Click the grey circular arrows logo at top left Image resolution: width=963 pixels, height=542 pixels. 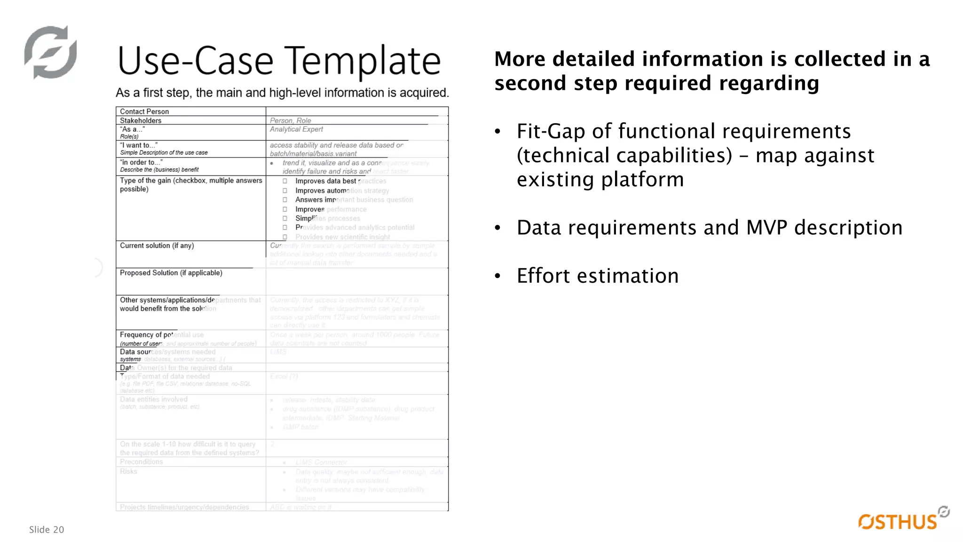pos(50,52)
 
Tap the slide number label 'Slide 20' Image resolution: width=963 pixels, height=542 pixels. pos(47,530)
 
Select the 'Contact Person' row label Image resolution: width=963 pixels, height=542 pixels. pos(144,112)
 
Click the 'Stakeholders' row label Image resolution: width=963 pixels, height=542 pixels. pos(141,120)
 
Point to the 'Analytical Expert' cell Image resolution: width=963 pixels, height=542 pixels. pos(296,129)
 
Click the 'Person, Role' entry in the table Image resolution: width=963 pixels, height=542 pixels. pos(290,120)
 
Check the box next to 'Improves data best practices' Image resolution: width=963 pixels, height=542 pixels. pos(285,181)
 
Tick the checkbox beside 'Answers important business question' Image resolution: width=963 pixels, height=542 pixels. pos(285,199)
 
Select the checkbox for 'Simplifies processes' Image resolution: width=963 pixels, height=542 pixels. pos(285,218)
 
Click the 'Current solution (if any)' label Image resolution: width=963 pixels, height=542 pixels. pos(157,246)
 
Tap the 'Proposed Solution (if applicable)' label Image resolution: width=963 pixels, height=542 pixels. pos(171,273)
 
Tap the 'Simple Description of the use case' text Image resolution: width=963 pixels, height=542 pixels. pos(164,153)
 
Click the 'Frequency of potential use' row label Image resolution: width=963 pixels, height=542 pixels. pos(161,335)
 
